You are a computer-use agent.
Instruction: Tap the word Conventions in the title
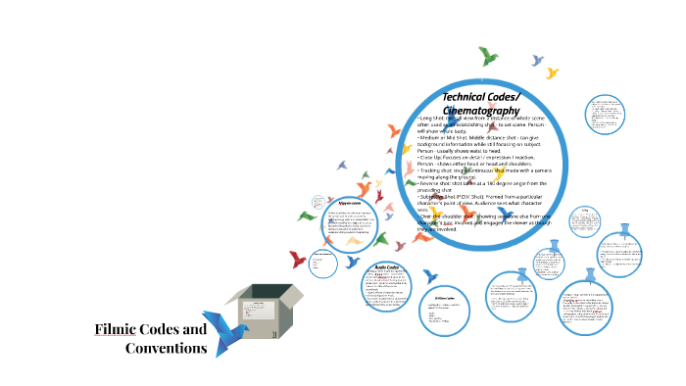166,348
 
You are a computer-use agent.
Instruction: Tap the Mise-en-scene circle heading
349,205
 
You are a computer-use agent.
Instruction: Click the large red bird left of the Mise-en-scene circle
298,259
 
